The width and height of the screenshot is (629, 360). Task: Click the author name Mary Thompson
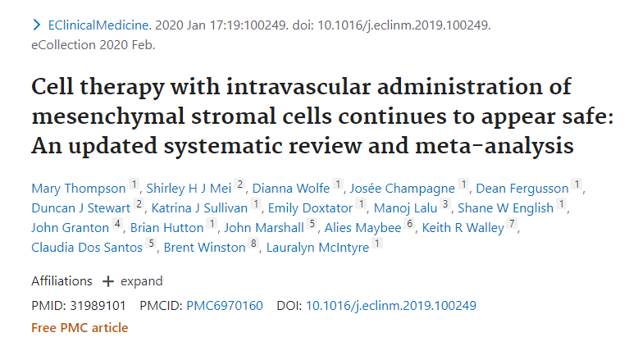(x=79, y=189)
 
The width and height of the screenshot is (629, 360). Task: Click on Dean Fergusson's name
(x=522, y=189)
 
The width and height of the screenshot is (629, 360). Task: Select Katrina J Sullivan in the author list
(x=199, y=208)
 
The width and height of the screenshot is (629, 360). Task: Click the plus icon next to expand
(x=107, y=281)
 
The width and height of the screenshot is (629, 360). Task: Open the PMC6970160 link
(x=226, y=306)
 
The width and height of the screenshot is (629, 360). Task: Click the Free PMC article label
(x=80, y=328)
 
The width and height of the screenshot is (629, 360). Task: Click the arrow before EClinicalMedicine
(x=35, y=26)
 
